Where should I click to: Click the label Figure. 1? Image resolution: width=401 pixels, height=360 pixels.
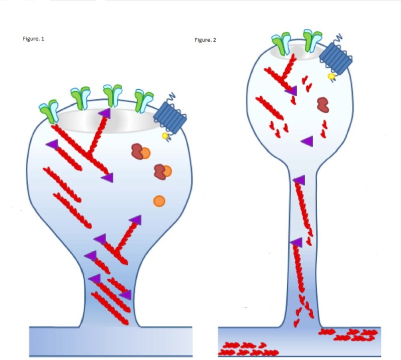34,39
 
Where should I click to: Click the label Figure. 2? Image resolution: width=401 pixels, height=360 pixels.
206,40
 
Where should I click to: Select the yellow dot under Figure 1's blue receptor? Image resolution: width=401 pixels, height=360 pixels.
165,136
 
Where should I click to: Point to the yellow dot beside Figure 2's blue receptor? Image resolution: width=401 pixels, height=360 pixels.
331,76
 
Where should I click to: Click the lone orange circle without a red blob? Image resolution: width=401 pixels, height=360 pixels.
159,201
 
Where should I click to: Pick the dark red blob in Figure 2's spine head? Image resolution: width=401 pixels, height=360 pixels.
323,104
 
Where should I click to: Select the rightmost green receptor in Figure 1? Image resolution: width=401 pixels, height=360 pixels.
143,101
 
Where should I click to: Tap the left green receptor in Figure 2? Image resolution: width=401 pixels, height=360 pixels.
281,44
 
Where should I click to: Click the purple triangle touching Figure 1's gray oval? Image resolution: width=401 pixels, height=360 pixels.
104,113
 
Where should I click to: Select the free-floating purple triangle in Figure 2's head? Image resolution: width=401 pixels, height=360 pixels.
307,141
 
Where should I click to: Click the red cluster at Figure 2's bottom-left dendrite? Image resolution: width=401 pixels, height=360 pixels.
243,348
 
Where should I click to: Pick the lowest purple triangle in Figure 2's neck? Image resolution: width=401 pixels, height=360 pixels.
296,243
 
